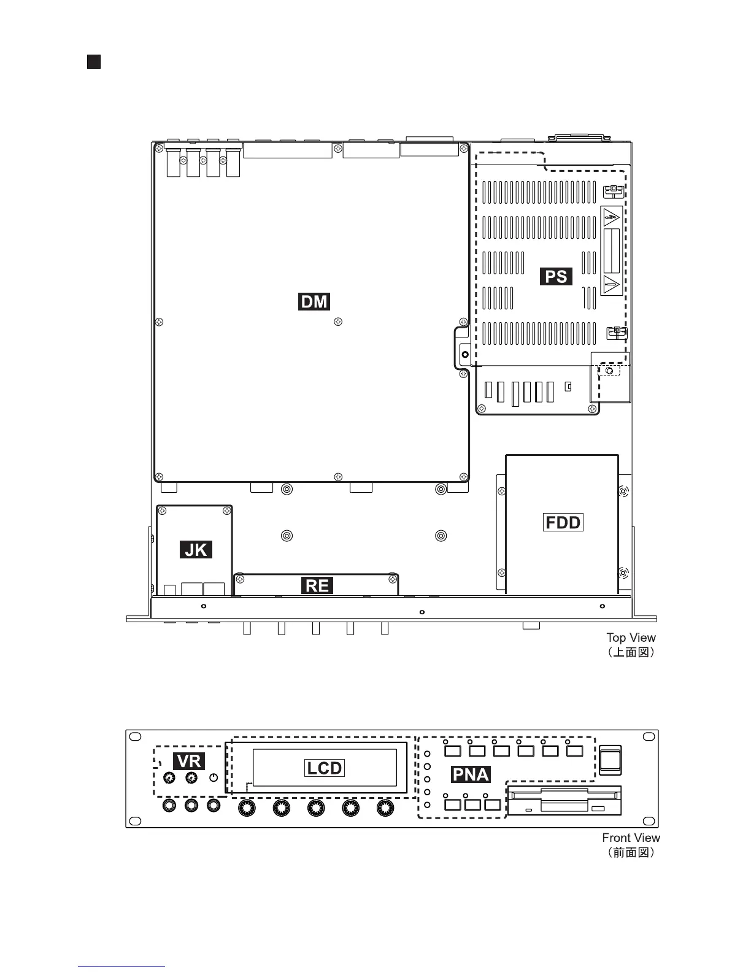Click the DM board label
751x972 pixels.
click(314, 302)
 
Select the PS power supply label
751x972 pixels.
click(557, 276)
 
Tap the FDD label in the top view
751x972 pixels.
click(563, 522)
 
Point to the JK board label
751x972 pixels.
click(196, 549)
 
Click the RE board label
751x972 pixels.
click(317, 586)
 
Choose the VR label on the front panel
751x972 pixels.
click(189, 761)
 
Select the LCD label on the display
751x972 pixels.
click(325, 768)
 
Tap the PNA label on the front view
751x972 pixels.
click(471, 774)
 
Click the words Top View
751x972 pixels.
click(631, 638)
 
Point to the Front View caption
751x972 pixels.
click(631, 838)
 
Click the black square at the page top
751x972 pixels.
click(94, 61)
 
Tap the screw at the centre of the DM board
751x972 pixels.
click(337, 322)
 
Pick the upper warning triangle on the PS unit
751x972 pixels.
click(611, 217)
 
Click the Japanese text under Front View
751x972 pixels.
click(631, 852)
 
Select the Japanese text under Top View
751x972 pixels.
click(631, 652)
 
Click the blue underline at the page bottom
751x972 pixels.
click(121, 967)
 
